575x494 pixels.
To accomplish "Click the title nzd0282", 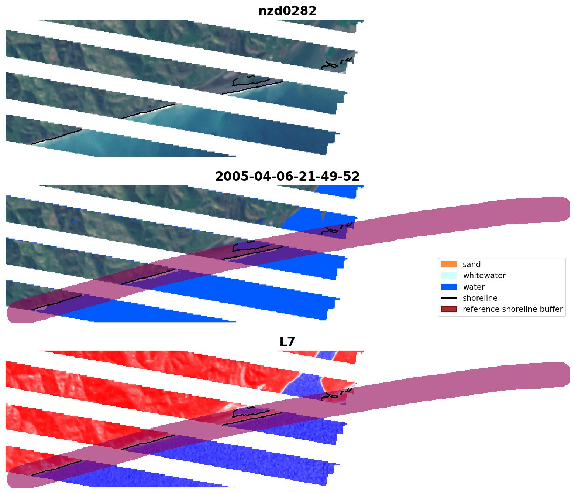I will click(287, 11).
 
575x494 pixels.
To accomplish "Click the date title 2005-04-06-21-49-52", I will click(287, 177).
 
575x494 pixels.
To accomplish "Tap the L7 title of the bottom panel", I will click(287, 342).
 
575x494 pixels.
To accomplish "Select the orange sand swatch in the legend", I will click(448, 264).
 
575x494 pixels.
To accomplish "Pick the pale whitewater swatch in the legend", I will click(448, 276).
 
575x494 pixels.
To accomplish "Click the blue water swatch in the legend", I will click(448, 287).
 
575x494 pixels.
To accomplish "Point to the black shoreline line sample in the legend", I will click(448, 298).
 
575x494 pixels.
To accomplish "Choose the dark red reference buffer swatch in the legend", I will click(448, 309).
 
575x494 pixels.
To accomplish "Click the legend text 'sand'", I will click(471, 265).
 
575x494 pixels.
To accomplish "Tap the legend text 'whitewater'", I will click(484, 276).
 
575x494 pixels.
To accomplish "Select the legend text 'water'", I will click(474, 287).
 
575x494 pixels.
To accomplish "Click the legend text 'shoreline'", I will click(480, 298).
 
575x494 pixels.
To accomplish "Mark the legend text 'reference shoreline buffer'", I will click(512, 309).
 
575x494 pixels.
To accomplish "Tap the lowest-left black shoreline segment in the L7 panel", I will click(56, 468).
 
